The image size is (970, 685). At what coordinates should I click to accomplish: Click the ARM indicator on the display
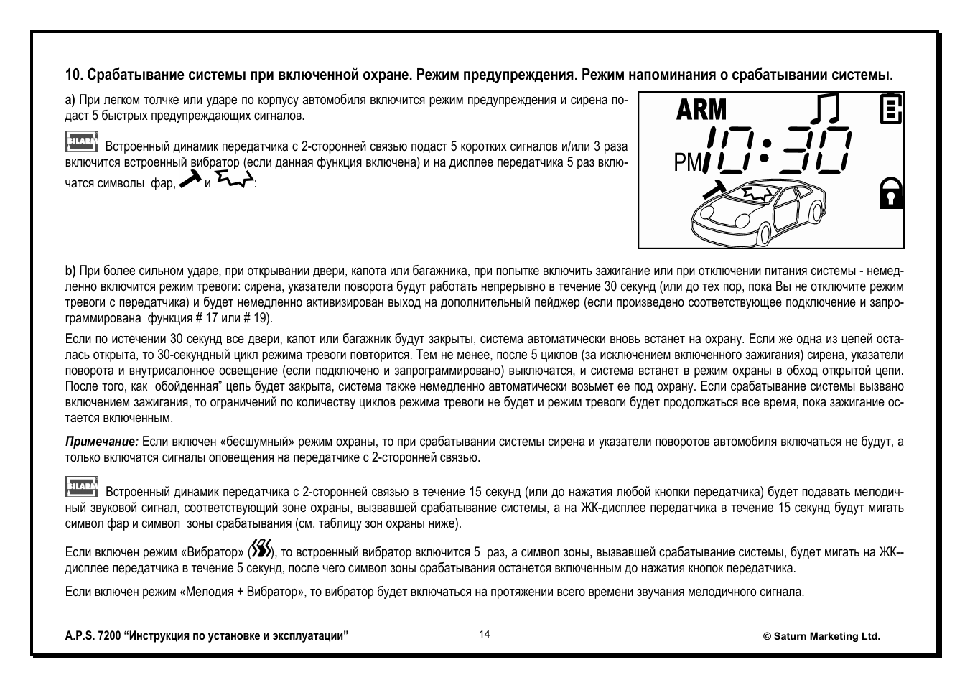tap(701, 110)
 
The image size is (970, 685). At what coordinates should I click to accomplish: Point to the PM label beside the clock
tap(687, 164)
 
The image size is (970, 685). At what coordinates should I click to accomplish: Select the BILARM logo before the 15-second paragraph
tap(82, 486)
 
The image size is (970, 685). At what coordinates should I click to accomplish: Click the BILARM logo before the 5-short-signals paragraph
tap(82, 141)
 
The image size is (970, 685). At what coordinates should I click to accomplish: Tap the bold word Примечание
tap(102, 442)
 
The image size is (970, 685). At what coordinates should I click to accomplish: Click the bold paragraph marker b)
tap(70, 271)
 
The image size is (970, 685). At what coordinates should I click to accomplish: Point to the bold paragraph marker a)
tap(70, 100)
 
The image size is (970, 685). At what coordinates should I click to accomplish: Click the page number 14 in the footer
tap(485, 634)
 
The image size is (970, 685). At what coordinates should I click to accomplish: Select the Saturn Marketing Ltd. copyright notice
tap(821, 636)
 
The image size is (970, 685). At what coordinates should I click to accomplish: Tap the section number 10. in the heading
tap(74, 75)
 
